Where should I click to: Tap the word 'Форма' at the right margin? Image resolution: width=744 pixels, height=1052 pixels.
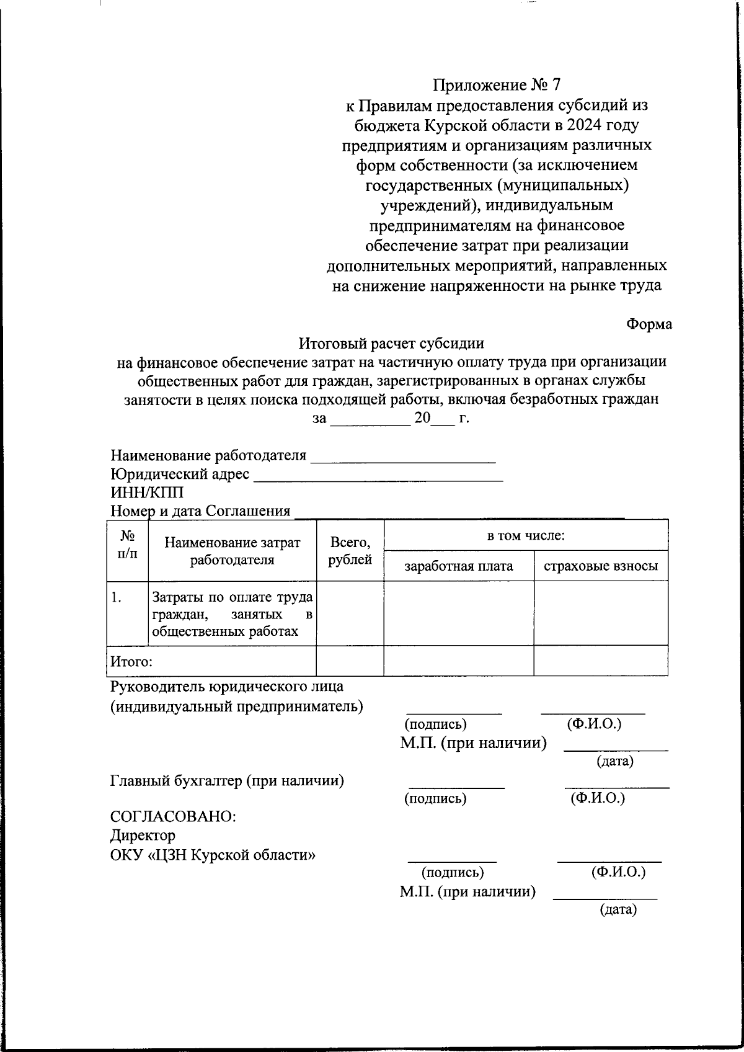click(x=649, y=324)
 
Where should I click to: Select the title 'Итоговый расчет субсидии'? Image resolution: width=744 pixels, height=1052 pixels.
click(x=391, y=343)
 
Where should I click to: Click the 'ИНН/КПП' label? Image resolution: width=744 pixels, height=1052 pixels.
click(x=147, y=493)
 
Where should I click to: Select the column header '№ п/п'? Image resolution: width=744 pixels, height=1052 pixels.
click(x=127, y=543)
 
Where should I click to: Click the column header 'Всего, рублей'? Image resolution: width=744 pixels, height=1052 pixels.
click(x=350, y=551)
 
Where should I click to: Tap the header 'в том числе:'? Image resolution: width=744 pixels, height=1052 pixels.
click(x=526, y=535)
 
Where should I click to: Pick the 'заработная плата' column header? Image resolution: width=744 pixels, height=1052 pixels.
click(x=459, y=566)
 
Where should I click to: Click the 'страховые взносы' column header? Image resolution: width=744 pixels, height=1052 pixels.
click(x=600, y=566)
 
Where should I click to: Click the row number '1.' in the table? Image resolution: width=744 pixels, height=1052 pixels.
click(x=116, y=597)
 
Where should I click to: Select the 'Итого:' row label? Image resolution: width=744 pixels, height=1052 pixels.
click(x=131, y=661)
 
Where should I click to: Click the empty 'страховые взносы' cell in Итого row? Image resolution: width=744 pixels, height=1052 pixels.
click(x=600, y=661)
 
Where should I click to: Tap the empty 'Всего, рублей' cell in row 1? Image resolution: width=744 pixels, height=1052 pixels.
click(x=350, y=613)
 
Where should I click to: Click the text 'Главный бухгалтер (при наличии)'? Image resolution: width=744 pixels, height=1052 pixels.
click(x=227, y=781)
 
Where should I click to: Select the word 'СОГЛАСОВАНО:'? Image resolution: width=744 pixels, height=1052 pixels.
click(x=173, y=817)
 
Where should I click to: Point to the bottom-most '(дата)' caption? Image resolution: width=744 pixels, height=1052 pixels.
click(x=618, y=910)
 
